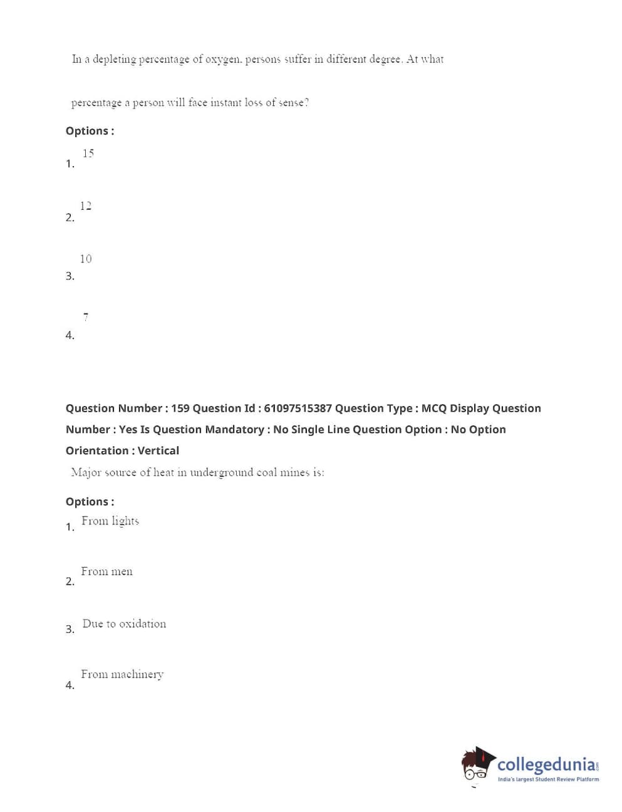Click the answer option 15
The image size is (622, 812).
pos(88,154)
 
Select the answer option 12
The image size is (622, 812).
pos(86,206)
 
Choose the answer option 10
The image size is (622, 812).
pos(86,259)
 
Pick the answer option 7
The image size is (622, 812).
pos(86,317)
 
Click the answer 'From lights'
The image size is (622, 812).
pos(110,521)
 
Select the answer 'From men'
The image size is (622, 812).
pos(106,571)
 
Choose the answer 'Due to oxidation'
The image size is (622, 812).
pos(124,624)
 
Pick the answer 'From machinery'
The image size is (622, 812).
pos(122,675)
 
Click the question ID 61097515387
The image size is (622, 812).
pos(298,409)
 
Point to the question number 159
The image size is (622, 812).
pos(180,409)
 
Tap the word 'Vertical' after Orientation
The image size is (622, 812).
pos(158,451)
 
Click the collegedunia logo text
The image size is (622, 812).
pos(546,765)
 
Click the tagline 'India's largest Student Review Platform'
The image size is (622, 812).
pos(548,779)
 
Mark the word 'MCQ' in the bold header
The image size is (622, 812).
pos(434,409)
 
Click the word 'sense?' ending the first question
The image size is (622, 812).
pos(294,103)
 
